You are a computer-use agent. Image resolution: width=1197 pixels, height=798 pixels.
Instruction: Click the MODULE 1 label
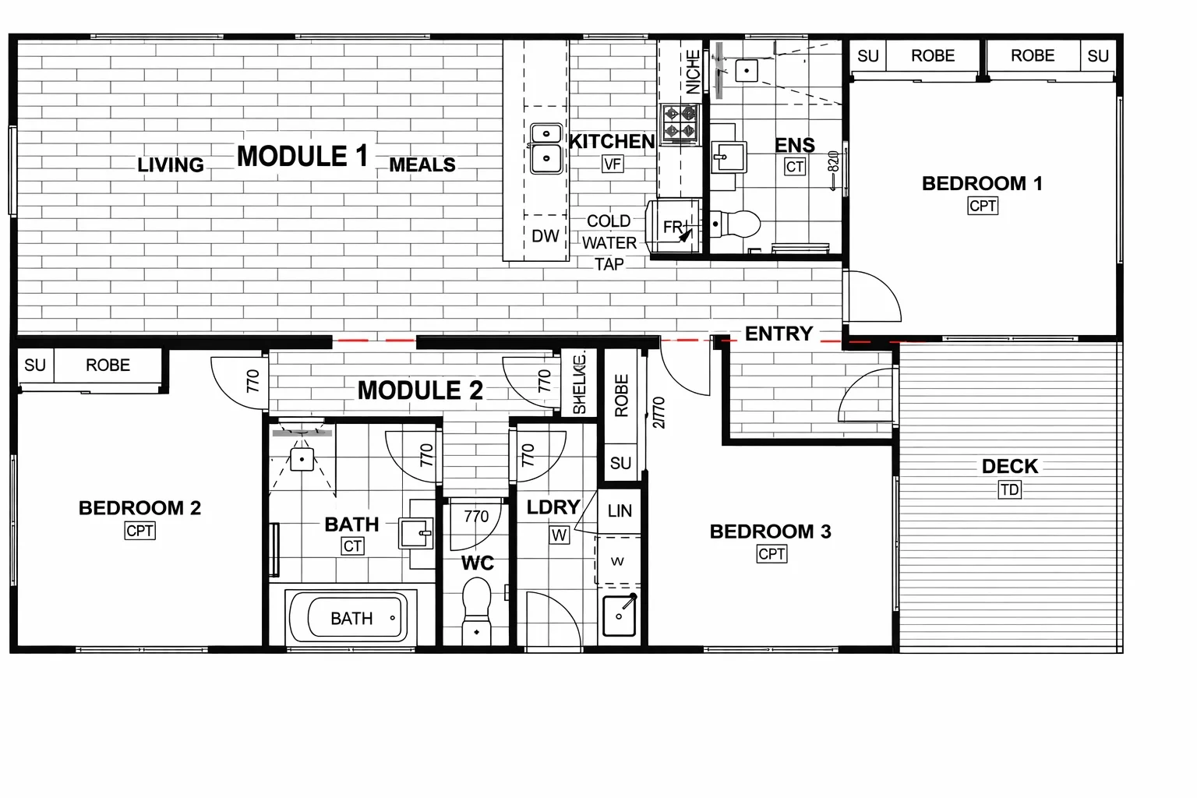(x=302, y=157)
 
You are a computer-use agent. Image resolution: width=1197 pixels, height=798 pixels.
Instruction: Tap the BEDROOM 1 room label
(x=981, y=184)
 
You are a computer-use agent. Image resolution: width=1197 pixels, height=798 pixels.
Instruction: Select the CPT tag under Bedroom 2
(x=139, y=531)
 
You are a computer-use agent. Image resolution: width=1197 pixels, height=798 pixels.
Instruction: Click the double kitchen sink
(x=546, y=147)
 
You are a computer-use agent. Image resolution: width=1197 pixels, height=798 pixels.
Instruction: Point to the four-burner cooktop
(x=680, y=123)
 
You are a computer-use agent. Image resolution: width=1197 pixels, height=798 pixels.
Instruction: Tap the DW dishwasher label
(x=545, y=236)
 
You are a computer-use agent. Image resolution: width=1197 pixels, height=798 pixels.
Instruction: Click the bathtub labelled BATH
(x=351, y=618)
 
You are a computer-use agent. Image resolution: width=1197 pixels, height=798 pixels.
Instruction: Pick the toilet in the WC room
(x=476, y=610)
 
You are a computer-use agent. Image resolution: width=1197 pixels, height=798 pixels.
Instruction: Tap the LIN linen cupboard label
(x=620, y=511)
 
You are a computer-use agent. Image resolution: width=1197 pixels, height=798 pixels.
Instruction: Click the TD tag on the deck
(x=1009, y=490)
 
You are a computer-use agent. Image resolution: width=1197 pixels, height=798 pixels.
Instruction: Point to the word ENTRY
(x=779, y=334)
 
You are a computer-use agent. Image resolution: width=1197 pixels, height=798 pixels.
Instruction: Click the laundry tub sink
(x=620, y=615)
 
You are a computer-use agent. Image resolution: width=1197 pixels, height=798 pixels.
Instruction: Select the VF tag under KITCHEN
(x=613, y=164)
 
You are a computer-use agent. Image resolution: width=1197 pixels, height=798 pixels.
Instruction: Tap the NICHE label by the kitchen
(x=692, y=72)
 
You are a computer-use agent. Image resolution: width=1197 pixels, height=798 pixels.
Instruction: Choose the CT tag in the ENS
(x=794, y=167)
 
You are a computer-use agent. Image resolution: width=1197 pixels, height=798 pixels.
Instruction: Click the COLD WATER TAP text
(x=609, y=242)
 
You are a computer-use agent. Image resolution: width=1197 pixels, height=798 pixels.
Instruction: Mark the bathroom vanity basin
(x=416, y=534)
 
